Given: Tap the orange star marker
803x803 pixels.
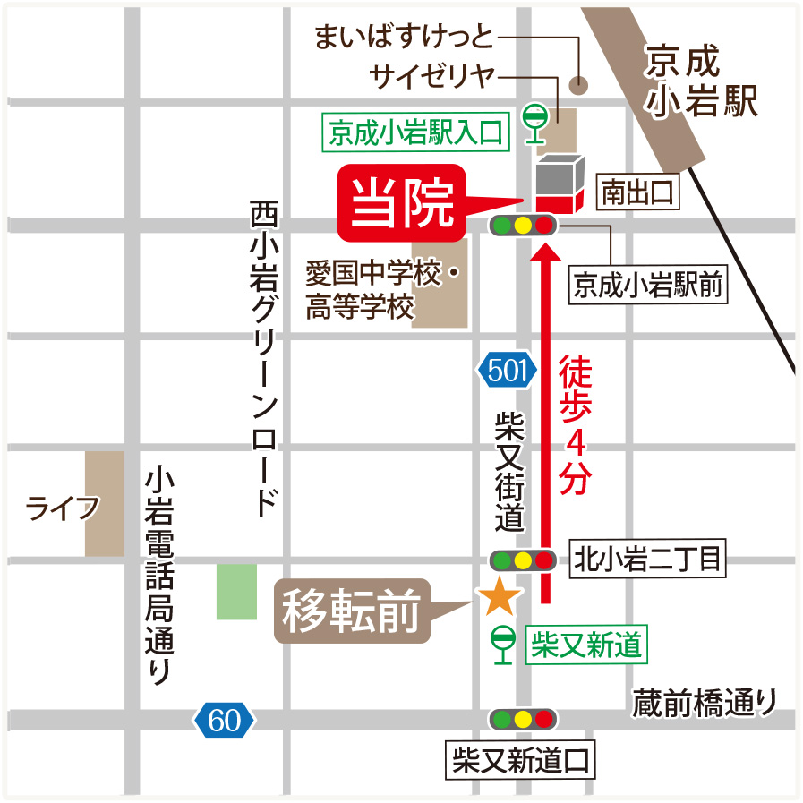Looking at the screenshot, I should (499, 596).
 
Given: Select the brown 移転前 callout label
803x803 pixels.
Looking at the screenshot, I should (352, 612).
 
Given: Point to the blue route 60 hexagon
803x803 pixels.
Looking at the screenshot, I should (224, 719).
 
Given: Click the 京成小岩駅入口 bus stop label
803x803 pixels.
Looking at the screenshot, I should (416, 133).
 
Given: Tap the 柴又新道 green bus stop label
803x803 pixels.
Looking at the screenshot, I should (586, 644).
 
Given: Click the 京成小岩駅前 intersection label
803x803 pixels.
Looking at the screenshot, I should (648, 286).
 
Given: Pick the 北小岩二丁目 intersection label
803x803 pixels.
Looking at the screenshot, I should (646, 560).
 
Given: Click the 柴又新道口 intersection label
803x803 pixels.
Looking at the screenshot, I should (520, 762).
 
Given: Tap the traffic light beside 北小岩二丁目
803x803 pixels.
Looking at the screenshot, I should (523, 560).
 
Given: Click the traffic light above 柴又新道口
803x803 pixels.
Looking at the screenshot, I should (523, 718).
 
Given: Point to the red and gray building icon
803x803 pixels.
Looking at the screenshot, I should (559, 186).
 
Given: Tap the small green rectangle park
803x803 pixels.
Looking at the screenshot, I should (236, 591).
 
